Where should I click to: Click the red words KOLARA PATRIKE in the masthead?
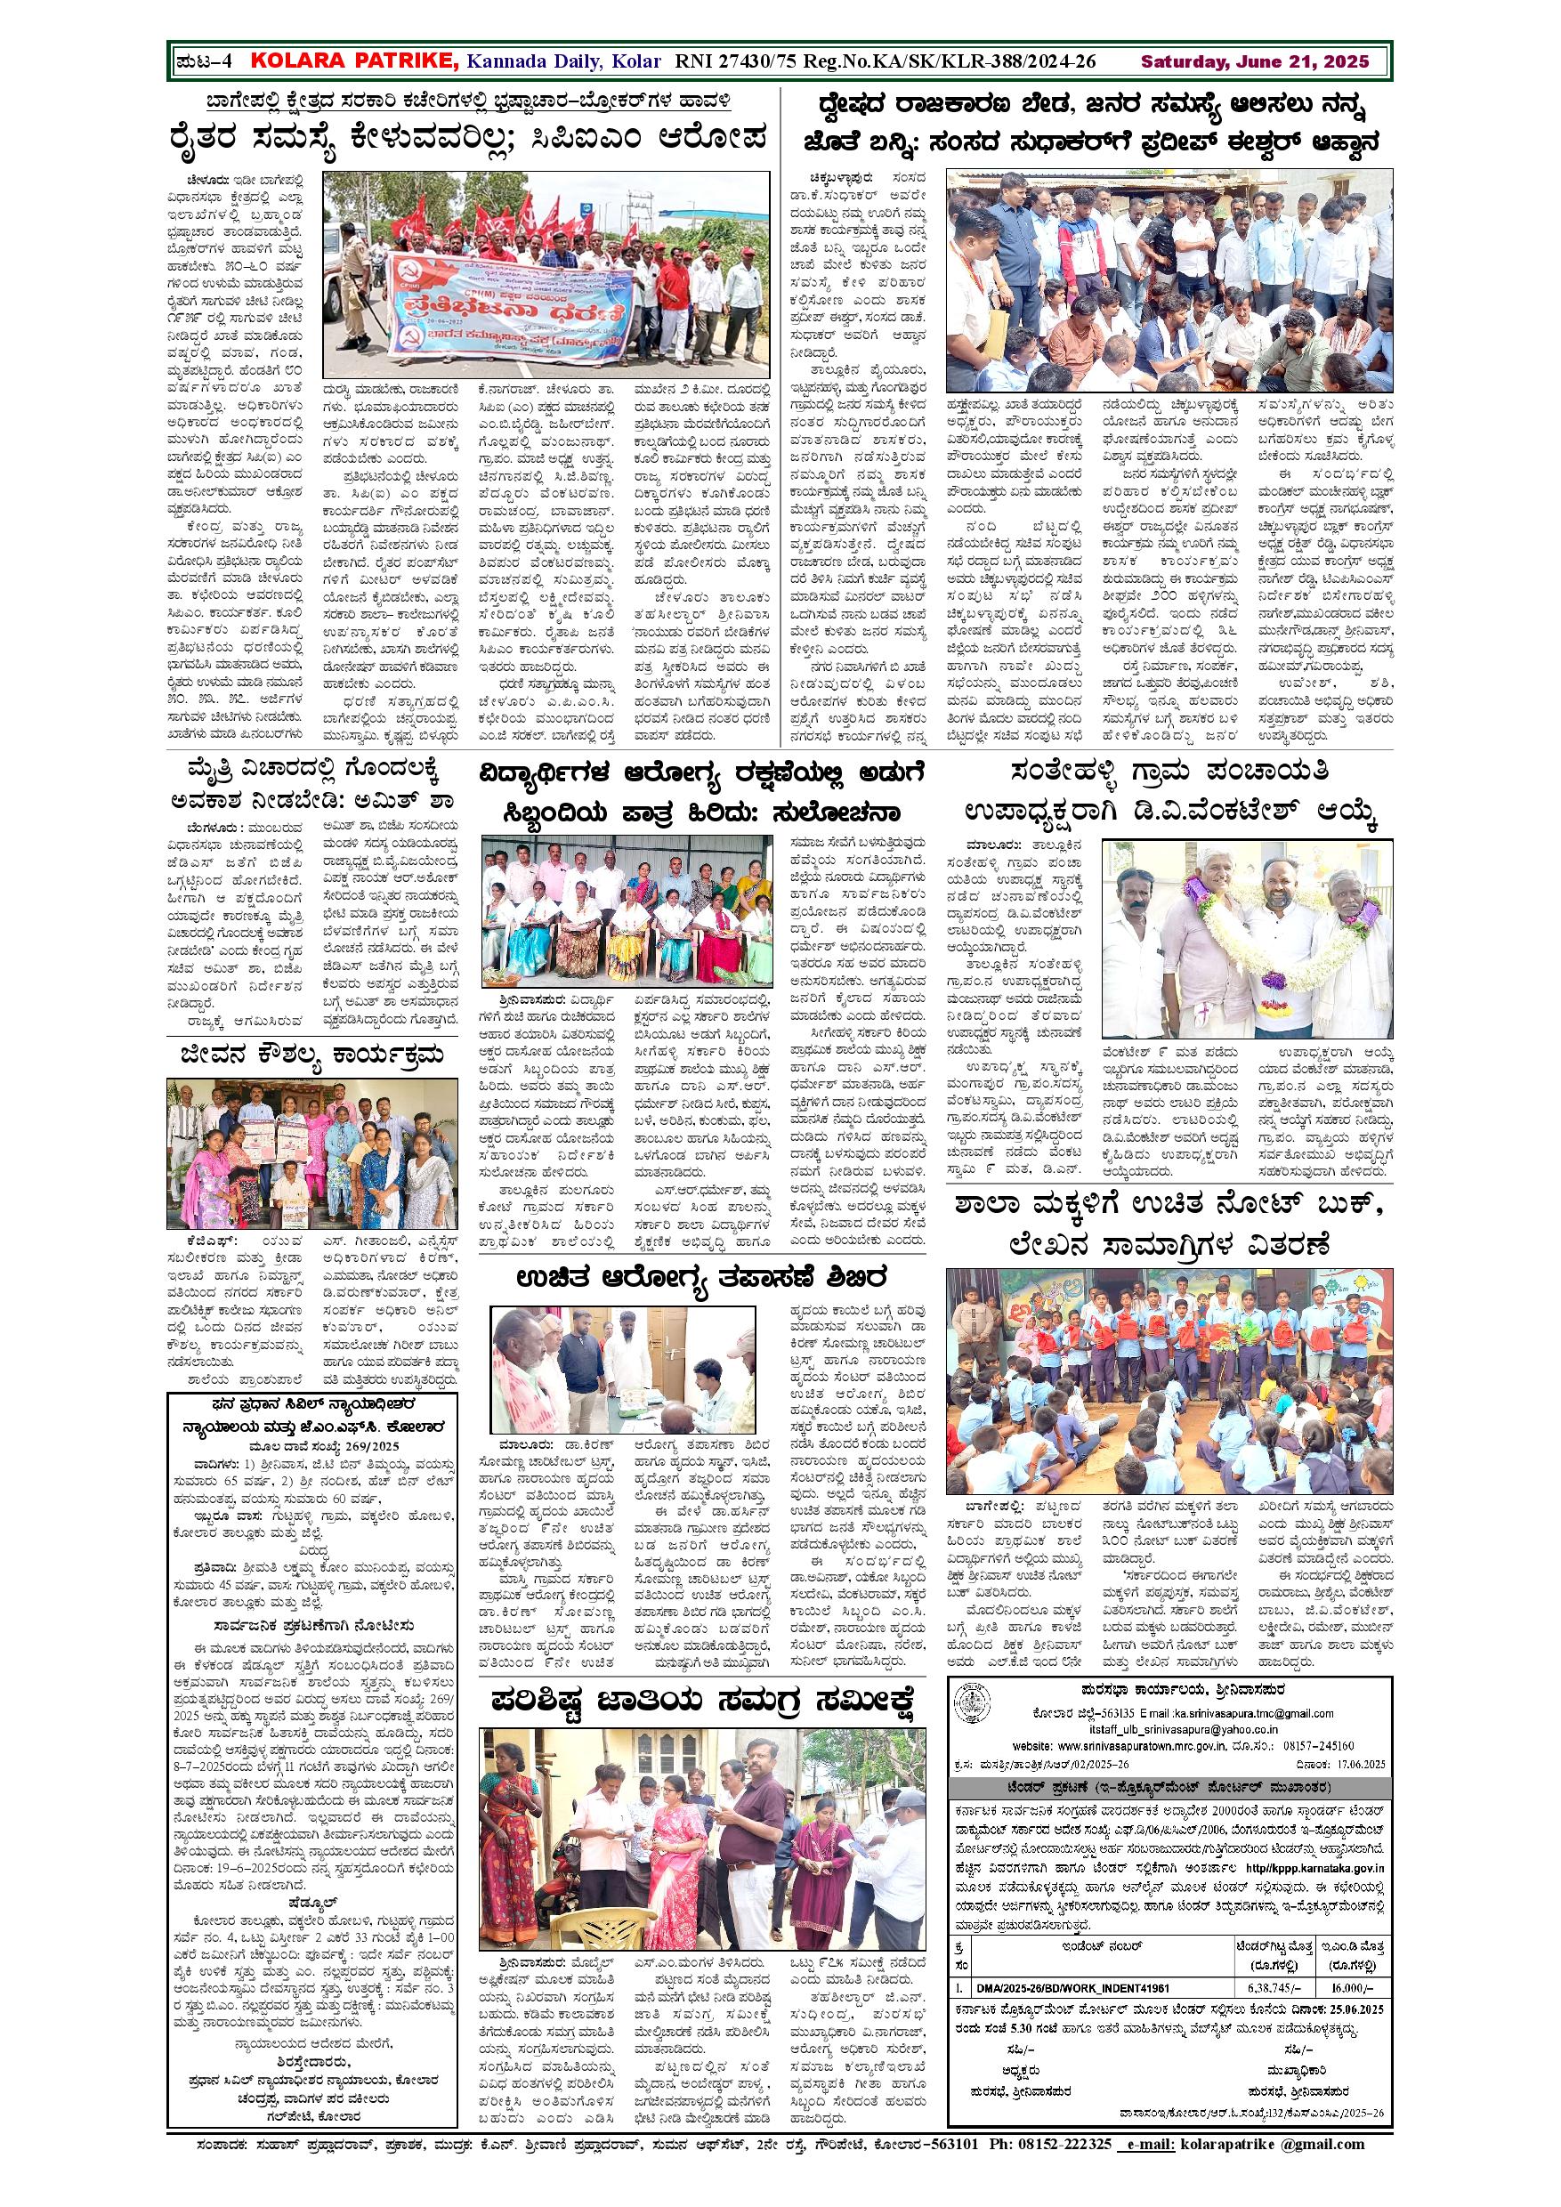353,61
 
